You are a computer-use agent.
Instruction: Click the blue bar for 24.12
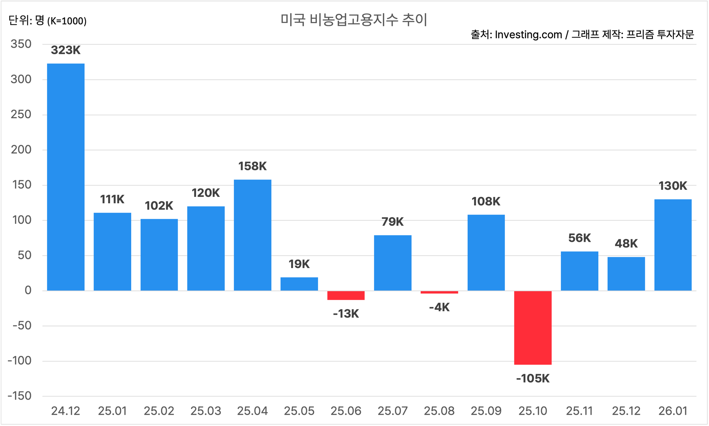coord(66,177)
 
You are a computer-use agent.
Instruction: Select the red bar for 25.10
coord(533,328)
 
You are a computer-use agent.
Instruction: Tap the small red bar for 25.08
coord(439,292)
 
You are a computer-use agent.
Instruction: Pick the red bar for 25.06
coord(346,295)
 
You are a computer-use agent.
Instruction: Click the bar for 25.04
coord(252,235)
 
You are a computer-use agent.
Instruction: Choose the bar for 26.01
coord(673,245)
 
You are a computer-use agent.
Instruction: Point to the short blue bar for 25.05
coord(299,284)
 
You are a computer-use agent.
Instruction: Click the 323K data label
coord(66,50)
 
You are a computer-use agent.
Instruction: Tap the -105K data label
coord(533,379)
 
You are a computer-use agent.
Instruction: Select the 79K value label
coord(392,222)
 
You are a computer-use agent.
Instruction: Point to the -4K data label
coord(439,307)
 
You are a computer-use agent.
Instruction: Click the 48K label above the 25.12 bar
coord(626,244)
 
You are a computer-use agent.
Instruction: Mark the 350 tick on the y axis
coord(21,44)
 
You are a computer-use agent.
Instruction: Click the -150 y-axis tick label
coord(19,396)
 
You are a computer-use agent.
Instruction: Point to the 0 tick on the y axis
coord(28,290)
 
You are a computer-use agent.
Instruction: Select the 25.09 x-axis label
coord(486,411)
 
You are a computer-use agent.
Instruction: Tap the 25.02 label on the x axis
coord(159,411)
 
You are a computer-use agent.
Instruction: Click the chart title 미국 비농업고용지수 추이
coord(354,20)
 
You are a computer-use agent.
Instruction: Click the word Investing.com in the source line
coord(528,35)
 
